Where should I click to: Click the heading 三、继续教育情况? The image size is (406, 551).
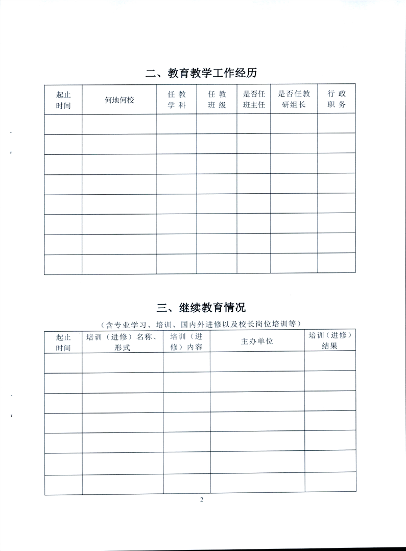click(201, 307)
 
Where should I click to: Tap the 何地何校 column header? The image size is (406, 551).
click(119, 100)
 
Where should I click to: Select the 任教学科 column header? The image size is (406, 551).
click(176, 100)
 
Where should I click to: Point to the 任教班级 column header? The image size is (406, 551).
click(217, 100)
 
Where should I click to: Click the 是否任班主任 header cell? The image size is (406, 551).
click(253, 100)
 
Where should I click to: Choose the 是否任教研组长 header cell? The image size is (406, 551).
click(294, 100)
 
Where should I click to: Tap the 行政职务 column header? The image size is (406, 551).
click(337, 100)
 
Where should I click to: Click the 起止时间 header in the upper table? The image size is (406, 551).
click(63, 100)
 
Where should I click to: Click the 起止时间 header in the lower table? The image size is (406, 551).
click(63, 342)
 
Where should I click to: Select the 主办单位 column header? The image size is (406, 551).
click(257, 341)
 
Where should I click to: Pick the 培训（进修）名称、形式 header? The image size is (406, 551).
click(122, 342)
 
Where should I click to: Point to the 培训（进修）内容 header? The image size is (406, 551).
click(186, 341)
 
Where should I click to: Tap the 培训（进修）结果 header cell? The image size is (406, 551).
click(330, 341)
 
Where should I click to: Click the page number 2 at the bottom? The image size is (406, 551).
click(202, 500)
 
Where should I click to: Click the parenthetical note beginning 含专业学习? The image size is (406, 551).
click(201, 324)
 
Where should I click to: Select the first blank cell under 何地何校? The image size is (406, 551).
click(119, 124)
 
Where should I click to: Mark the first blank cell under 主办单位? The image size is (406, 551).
click(257, 362)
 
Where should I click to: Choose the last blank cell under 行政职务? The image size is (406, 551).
click(337, 264)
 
